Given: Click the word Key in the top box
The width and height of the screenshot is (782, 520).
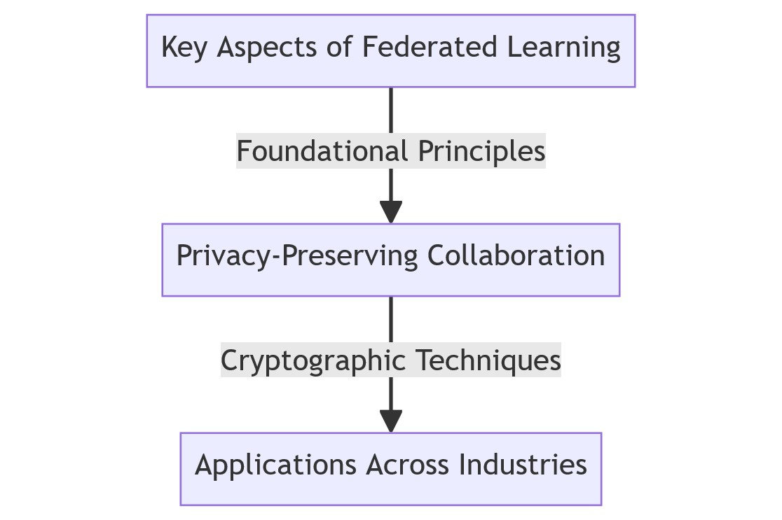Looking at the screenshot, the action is (x=184, y=48).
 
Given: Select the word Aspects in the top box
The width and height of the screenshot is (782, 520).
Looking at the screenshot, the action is (x=267, y=48).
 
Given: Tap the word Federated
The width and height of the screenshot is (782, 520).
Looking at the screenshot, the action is (x=430, y=47).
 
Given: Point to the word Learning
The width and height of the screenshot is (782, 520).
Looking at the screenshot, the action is (x=563, y=48).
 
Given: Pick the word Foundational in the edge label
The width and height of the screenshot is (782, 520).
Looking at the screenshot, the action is (x=322, y=151).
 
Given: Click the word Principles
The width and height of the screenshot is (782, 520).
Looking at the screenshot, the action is (x=482, y=152).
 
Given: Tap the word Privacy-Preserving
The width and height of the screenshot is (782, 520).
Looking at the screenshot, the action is (x=297, y=257).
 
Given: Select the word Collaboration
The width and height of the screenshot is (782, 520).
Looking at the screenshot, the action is (x=516, y=255).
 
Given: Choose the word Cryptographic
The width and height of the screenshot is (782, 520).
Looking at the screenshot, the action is (x=313, y=361).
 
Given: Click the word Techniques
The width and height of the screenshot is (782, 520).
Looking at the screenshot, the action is (x=488, y=361).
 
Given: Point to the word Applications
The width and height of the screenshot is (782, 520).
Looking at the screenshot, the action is (x=275, y=465).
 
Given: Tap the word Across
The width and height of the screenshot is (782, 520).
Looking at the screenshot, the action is (x=407, y=465).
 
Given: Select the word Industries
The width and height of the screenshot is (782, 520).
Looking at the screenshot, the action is (x=523, y=465).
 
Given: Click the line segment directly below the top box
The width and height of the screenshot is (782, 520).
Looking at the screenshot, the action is (x=391, y=111).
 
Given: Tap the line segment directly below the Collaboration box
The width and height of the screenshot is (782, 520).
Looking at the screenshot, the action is (x=391, y=320).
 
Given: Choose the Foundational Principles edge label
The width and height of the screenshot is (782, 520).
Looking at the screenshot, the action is (x=391, y=151).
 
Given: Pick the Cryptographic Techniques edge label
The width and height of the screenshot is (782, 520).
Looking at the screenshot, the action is (x=391, y=360).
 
